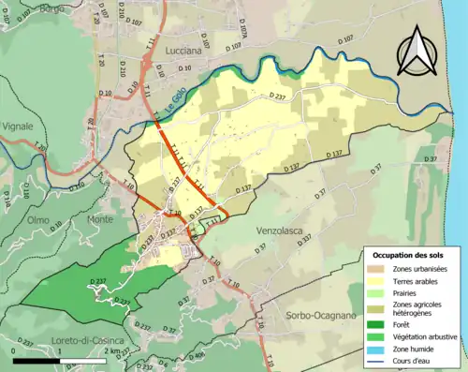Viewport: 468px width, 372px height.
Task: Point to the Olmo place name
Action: pos(37,219)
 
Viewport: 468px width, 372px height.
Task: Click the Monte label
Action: pos(99,218)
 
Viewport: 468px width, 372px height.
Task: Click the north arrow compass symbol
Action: pos(414,52)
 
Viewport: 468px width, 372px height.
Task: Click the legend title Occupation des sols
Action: pos(408,255)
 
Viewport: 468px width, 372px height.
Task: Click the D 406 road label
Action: pos(196,356)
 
